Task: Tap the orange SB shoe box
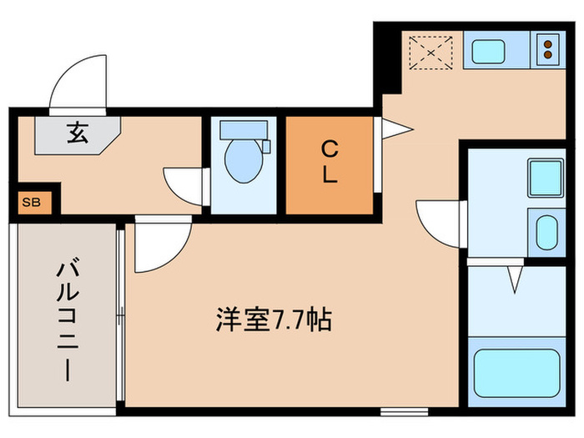(x=31, y=203)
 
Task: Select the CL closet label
(x=330, y=163)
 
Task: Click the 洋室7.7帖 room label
(x=274, y=320)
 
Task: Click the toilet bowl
(x=242, y=161)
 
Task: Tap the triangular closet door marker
(x=395, y=128)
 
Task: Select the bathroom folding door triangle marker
(x=515, y=278)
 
